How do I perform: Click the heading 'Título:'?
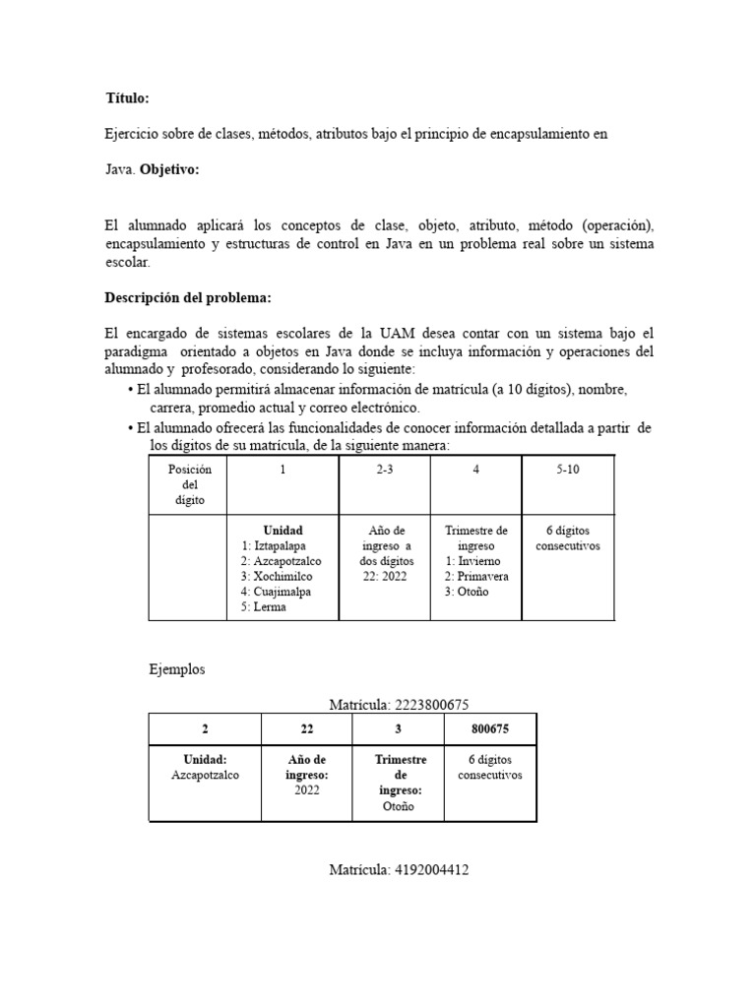coord(127,98)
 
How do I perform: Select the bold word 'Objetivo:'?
coord(169,169)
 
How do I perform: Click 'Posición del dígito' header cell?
coord(190,484)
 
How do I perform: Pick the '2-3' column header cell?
coord(384,471)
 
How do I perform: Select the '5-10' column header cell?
coord(568,471)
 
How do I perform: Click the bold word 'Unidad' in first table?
coord(283,531)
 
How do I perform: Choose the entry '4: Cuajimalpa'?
coord(279,592)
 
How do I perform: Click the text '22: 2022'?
coord(384,576)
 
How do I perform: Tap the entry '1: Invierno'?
coord(472,561)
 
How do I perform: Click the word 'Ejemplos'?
coord(177,669)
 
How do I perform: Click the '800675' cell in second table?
coord(489,729)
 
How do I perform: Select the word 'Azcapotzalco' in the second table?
coord(205,775)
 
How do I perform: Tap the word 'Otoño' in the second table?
coord(399,806)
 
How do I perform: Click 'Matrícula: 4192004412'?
coord(392,870)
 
